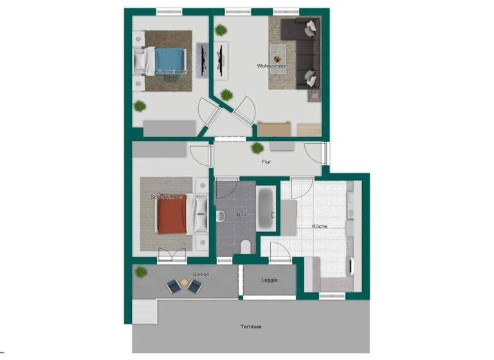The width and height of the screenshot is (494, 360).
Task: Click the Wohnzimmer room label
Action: [271, 66]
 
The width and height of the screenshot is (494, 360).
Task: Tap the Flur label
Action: [266, 162]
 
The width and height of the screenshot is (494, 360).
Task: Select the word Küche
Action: [320, 226]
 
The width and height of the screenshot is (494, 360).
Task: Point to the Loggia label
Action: [270, 280]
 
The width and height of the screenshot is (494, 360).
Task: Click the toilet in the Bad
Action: [244, 247]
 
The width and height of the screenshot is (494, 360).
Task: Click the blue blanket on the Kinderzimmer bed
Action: [169, 60]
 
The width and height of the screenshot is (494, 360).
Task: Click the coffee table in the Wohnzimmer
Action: [279, 51]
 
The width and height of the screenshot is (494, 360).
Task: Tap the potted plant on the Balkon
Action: [140, 273]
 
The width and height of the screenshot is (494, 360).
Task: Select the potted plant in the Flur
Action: [257, 148]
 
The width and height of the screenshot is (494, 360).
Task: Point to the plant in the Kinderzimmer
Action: [139, 106]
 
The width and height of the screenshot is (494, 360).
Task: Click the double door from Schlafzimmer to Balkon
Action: [172, 256]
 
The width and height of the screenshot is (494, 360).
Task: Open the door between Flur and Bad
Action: [226, 188]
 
